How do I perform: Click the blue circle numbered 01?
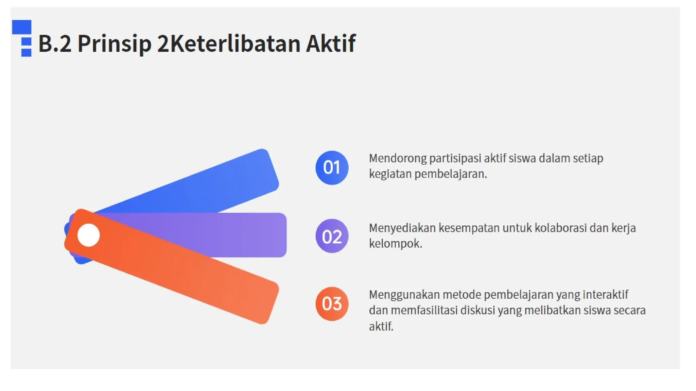tap(332, 168)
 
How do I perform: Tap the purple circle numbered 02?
tap(332, 236)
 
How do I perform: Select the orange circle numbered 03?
tap(332, 304)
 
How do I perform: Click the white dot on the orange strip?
tap(88, 235)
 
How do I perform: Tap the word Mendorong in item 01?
tap(398, 159)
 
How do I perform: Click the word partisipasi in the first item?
tap(455, 159)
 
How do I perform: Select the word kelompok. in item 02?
tap(396, 244)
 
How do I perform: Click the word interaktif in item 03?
tap(605, 295)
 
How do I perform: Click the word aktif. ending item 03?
tap(381, 326)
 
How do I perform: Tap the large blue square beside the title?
tap(22, 27)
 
